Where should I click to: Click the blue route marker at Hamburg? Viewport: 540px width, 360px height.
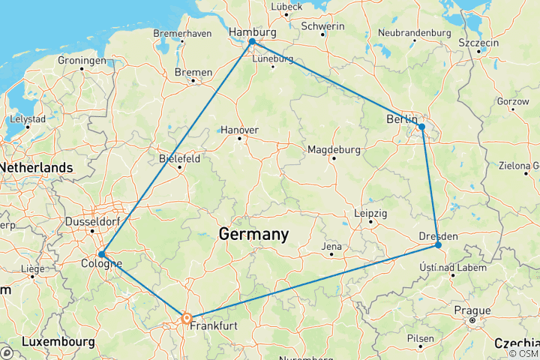coord(252,42)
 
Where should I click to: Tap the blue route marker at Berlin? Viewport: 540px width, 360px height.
coord(422,127)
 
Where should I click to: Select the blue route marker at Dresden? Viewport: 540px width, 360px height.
coord(438,245)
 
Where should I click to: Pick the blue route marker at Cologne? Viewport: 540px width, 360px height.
coord(101,254)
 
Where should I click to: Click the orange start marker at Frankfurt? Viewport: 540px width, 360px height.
coord(187,319)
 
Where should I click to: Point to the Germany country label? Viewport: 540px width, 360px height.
coord(253,234)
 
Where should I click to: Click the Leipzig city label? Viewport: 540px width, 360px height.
coord(370,214)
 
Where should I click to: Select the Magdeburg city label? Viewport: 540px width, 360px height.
coord(334,150)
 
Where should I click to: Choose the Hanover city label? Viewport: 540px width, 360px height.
coord(240,130)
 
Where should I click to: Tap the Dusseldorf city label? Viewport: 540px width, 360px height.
coord(92,222)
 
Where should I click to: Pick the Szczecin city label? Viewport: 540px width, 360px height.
coord(478,43)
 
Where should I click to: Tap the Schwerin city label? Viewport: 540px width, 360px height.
coord(322,26)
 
